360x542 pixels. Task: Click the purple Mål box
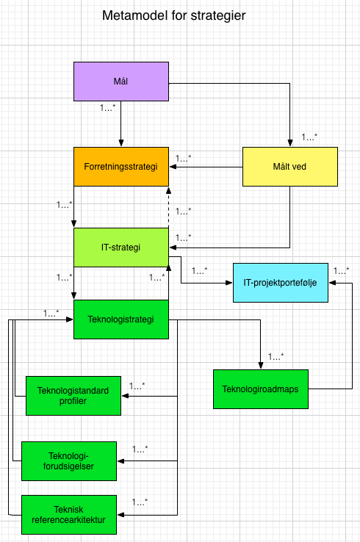pyautogui.click(x=121, y=82)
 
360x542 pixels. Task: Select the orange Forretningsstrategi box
pyautogui.click(x=121, y=167)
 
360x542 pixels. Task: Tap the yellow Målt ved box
pyautogui.click(x=290, y=167)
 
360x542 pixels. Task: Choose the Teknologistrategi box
pyautogui.click(x=121, y=319)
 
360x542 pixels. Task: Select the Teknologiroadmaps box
pyautogui.click(x=261, y=389)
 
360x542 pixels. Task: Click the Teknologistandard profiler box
pyautogui.click(x=73, y=395)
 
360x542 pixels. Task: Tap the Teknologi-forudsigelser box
pyautogui.click(x=68, y=460)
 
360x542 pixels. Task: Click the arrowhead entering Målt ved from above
pyautogui.click(x=290, y=143)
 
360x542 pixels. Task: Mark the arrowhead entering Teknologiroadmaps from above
pyautogui.click(x=261, y=365)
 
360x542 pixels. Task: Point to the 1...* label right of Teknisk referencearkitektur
pyautogui.click(x=140, y=502)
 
